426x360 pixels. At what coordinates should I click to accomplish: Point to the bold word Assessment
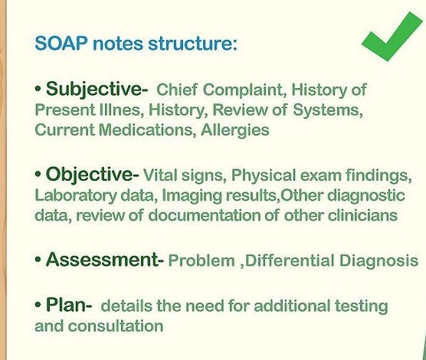[100, 260]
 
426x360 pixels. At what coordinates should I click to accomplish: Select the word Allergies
[235, 130]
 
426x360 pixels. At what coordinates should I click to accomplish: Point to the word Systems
[327, 110]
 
